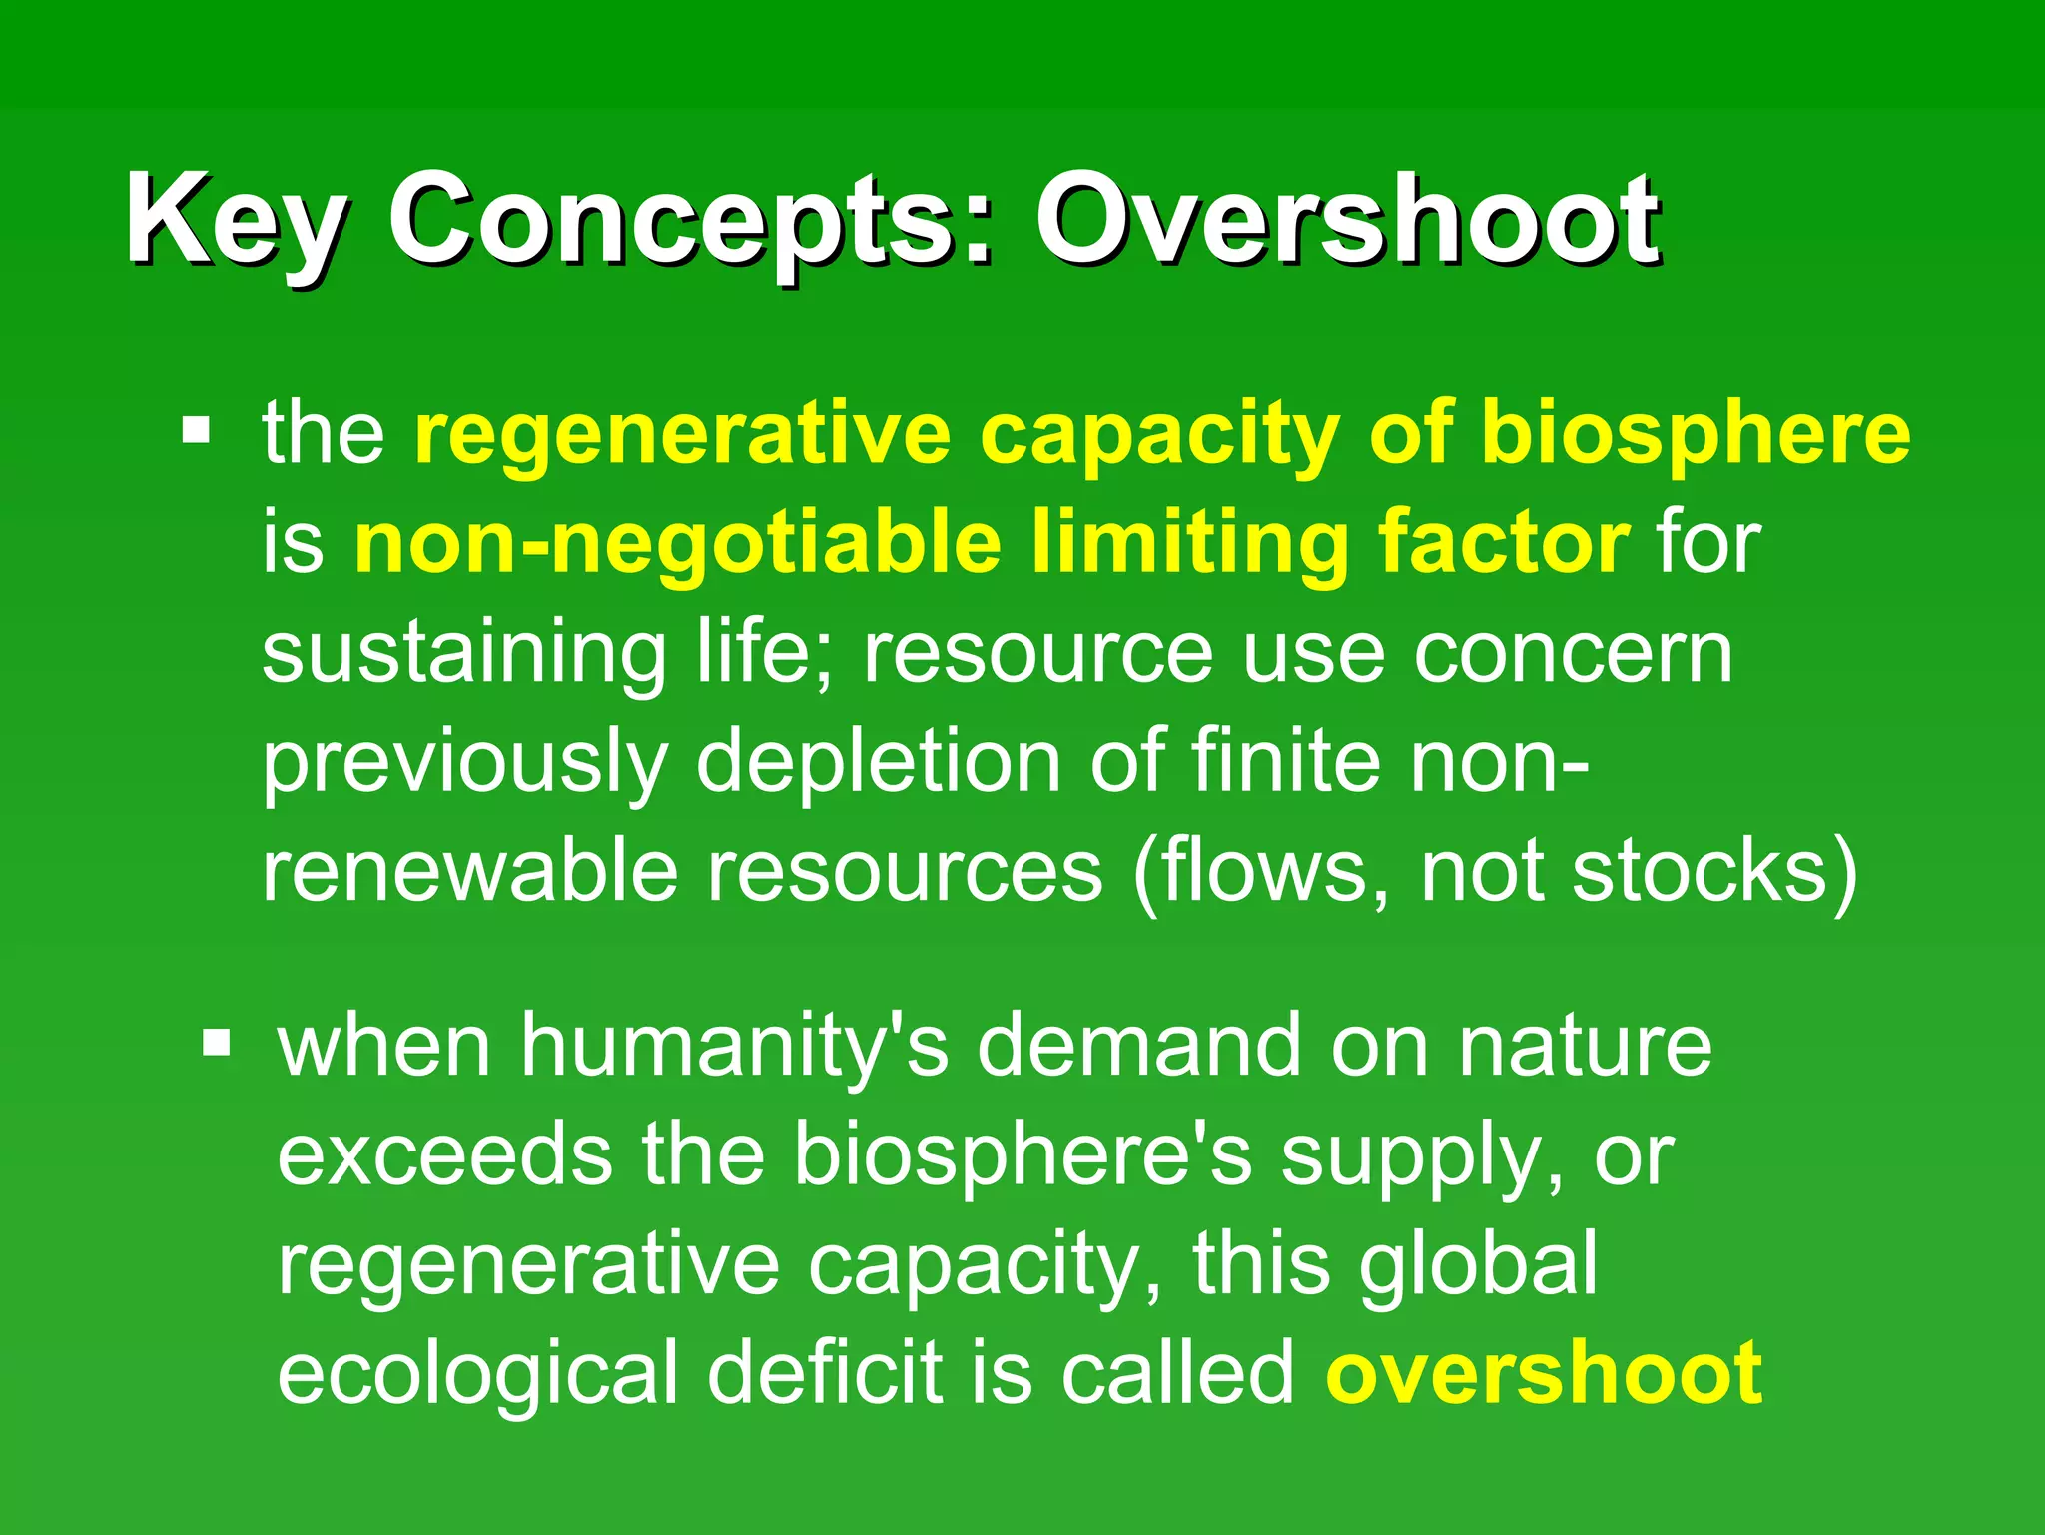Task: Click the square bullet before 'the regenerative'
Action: (x=197, y=431)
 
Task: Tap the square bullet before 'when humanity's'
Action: (x=216, y=1045)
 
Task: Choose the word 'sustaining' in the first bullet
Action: (x=464, y=653)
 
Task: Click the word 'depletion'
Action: (x=878, y=762)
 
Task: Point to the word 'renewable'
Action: (x=470, y=871)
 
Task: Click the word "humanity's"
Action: (x=734, y=1047)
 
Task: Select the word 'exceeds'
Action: (x=444, y=1155)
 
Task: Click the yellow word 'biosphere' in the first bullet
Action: (x=1696, y=433)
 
